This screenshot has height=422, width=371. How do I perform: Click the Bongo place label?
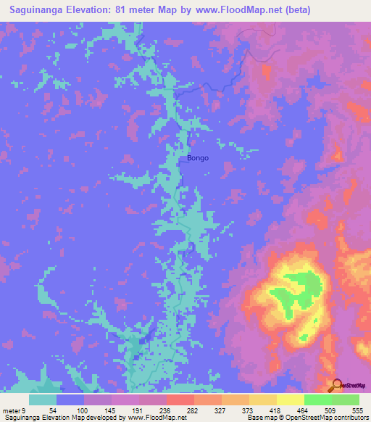pos(198,157)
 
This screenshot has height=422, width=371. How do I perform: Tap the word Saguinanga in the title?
pos(37,9)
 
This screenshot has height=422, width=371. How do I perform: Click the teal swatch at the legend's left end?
pos(43,400)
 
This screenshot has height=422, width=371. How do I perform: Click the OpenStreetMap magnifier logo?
pos(336,386)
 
